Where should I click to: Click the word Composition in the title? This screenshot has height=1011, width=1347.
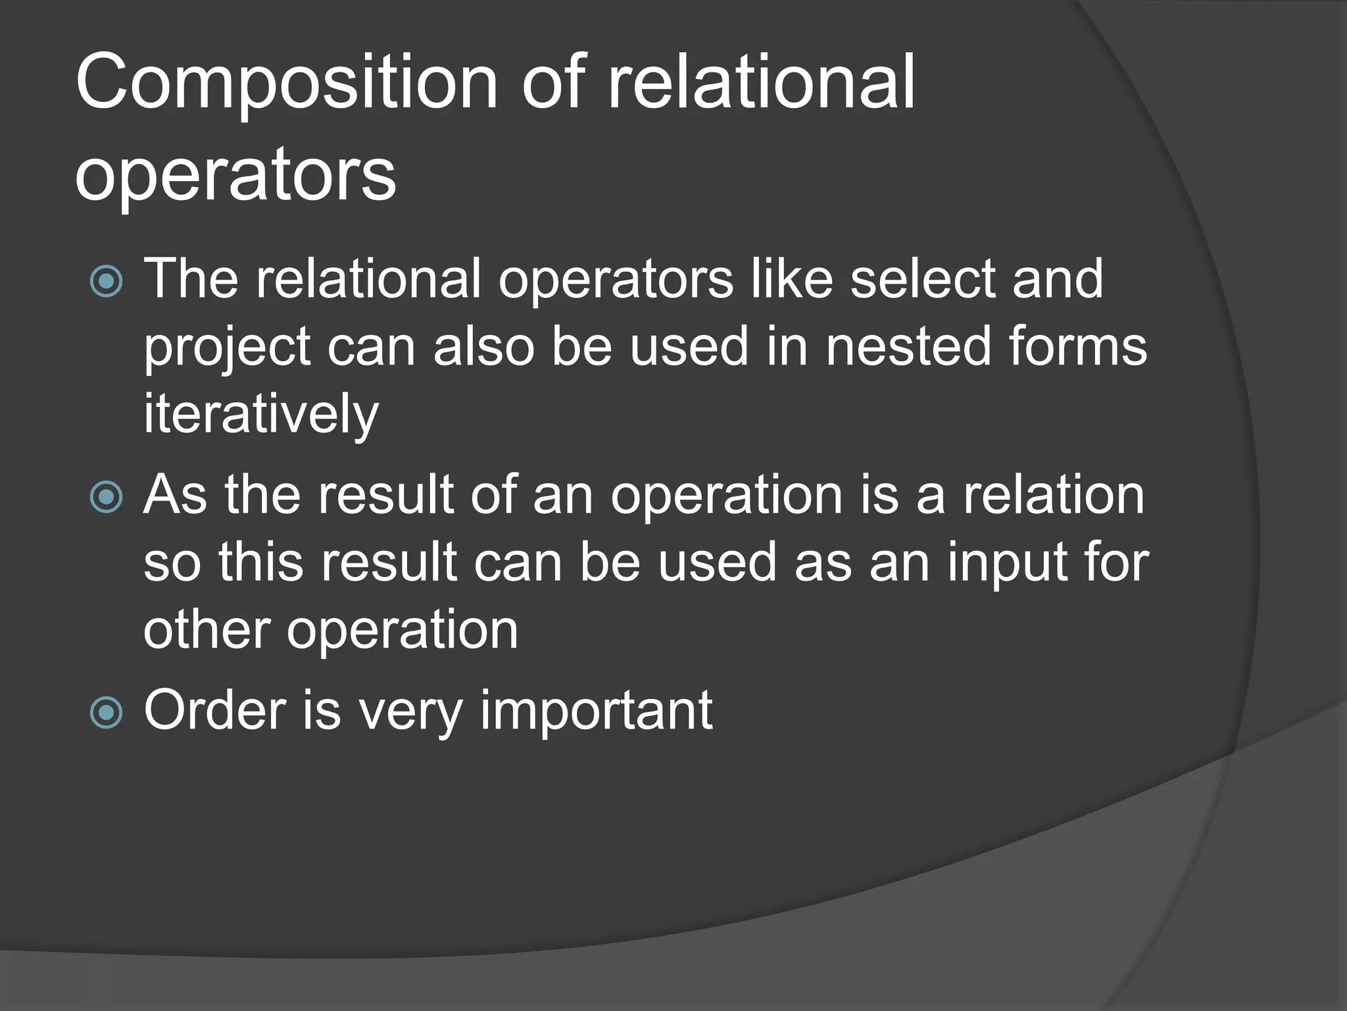pos(286,84)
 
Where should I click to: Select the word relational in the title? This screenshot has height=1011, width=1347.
pos(761,84)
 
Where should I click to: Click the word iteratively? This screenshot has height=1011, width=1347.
pos(261,415)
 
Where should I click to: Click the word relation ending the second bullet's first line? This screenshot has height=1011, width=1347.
pos(1054,495)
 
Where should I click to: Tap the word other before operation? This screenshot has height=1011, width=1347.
pos(207,630)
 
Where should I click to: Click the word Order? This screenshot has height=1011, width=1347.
pos(214,711)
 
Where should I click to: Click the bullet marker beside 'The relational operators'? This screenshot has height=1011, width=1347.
pos(106,282)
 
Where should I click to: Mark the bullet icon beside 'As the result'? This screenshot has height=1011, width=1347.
pos(106,497)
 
